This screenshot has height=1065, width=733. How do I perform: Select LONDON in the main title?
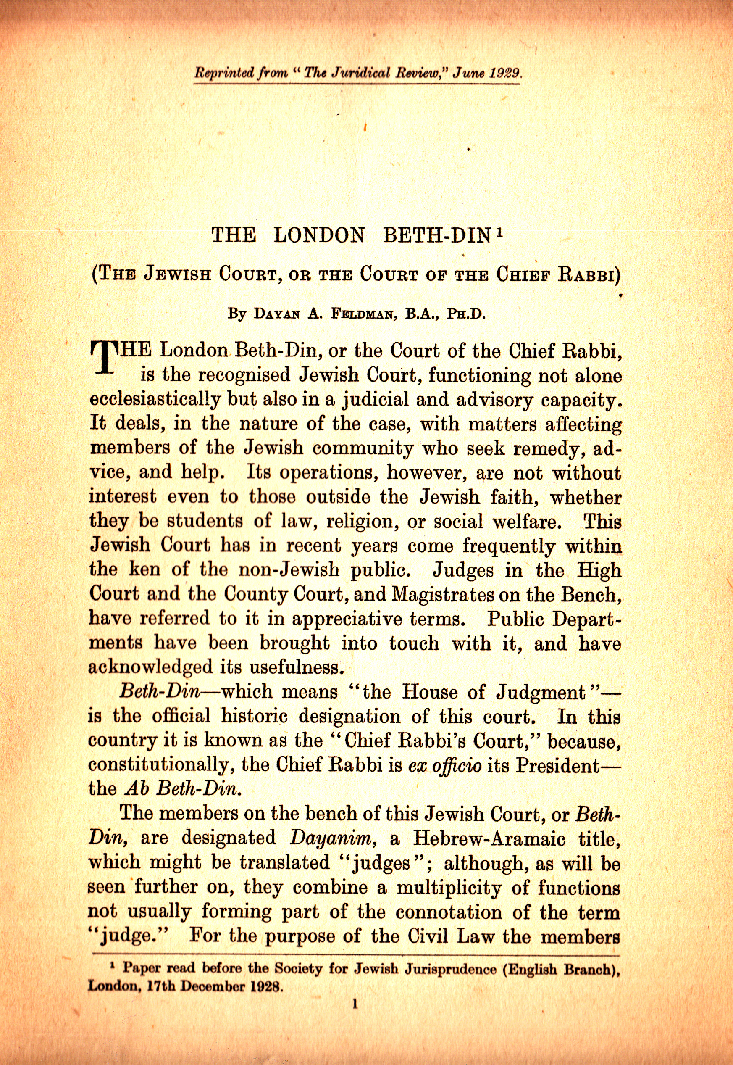319,235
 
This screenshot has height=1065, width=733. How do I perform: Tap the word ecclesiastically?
155,400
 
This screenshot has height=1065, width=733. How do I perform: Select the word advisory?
494,400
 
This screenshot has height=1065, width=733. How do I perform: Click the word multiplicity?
449,887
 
